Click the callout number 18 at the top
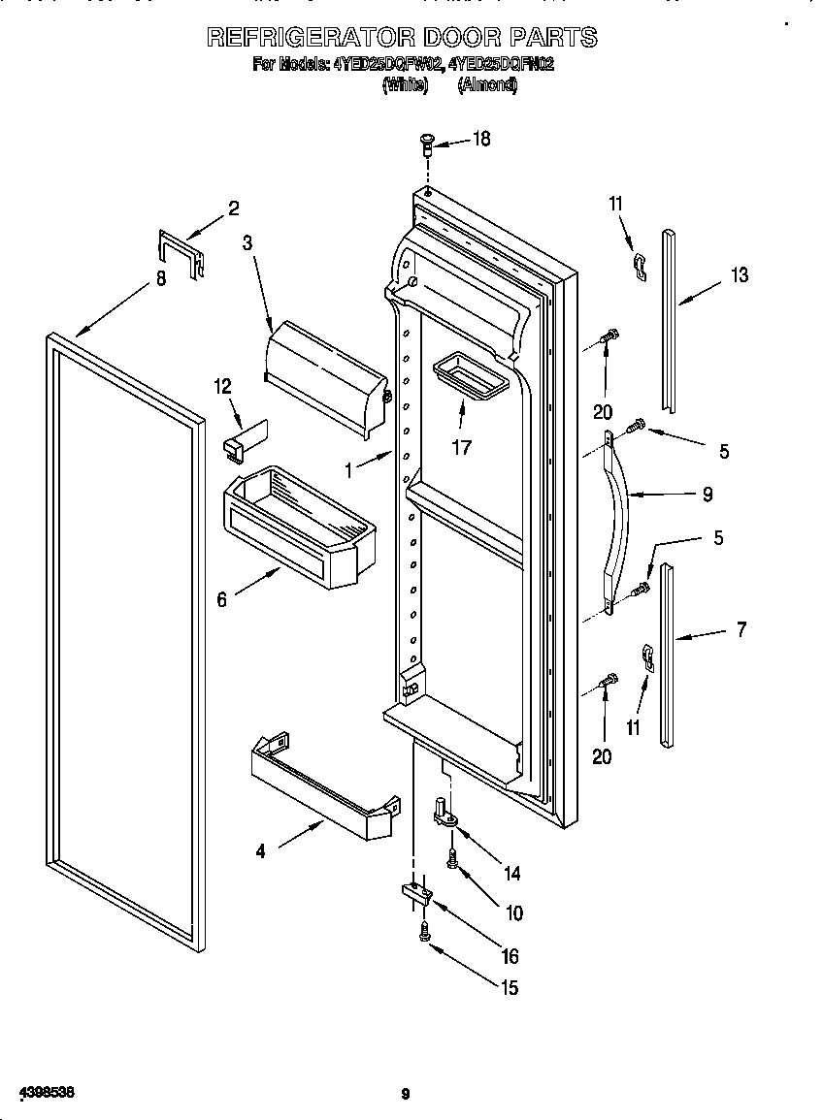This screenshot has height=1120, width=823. point(481,139)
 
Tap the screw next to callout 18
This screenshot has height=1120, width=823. point(426,145)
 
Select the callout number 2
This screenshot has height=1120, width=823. point(234,207)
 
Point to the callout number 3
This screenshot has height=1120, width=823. point(247,243)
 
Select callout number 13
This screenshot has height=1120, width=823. point(740,275)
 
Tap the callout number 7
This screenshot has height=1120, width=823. point(741,629)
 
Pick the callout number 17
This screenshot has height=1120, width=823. point(461,447)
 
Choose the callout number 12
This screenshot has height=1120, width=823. point(222,386)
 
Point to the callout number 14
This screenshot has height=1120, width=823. point(511,874)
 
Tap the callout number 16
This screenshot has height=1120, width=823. point(510,956)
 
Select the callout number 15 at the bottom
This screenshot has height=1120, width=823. point(509,988)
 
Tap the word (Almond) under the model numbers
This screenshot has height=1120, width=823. point(487,85)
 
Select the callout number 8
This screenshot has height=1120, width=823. point(161,279)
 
